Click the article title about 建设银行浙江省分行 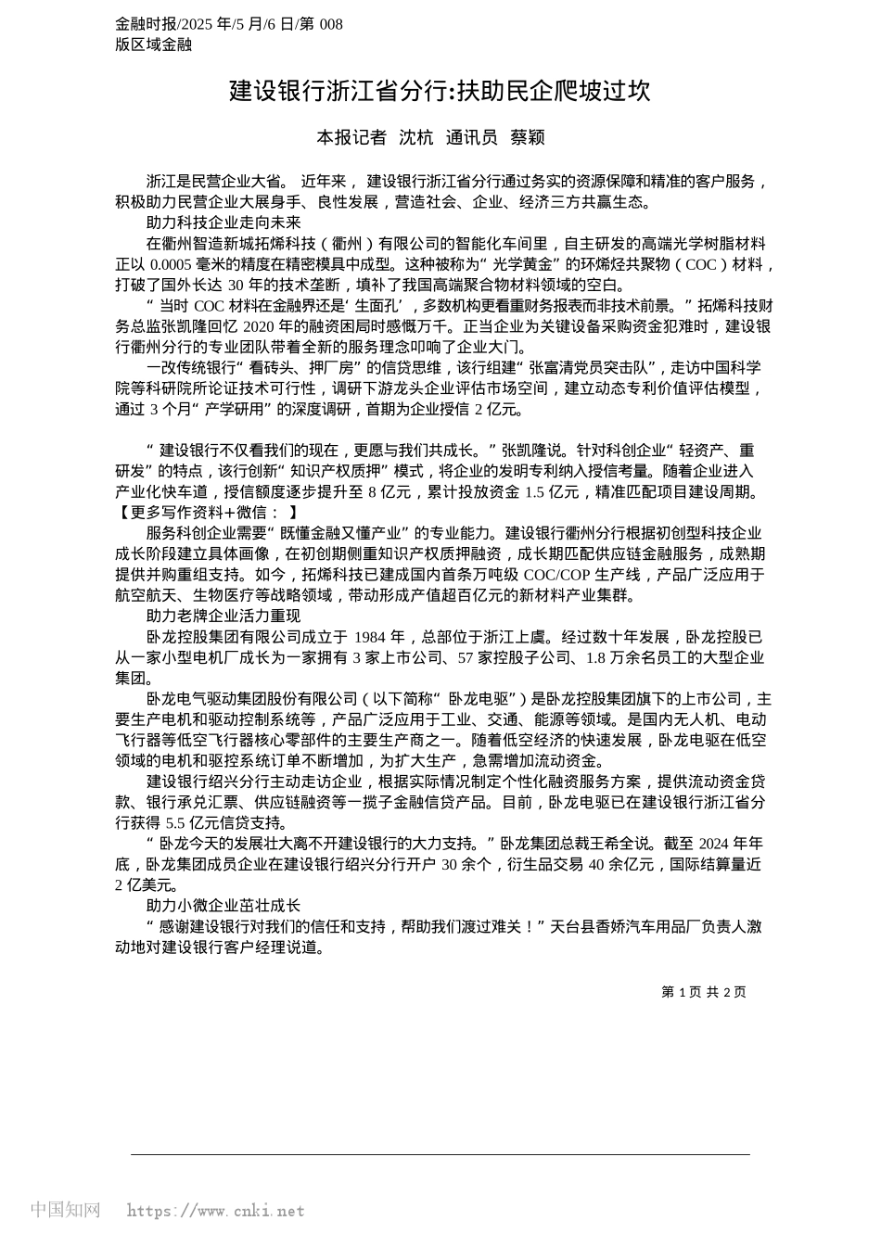point(440,91)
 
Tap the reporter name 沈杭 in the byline point(415,137)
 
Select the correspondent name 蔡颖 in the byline point(528,137)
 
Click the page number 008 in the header point(330,24)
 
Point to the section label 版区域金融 point(153,44)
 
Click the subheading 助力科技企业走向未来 point(223,222)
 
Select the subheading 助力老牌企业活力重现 point(223,616)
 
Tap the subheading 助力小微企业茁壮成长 point(223,905)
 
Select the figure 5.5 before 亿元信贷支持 point(176,822)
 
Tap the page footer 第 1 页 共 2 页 point(703,992)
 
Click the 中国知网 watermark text point(65,1210)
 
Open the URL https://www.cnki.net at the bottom point(215,1211)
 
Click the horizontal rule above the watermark point(440,1154)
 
